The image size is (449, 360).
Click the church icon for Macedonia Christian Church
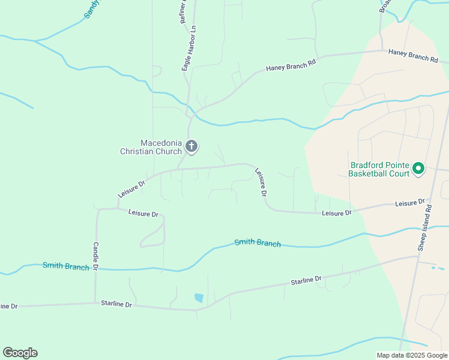pos(191,146)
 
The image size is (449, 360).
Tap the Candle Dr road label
pos(95,256)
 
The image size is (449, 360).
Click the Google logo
pos(20,353)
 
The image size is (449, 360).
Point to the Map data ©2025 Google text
pos(412,355)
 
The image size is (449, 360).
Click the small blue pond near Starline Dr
pos(199,298)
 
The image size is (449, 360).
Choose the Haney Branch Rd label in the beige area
pos(414,55)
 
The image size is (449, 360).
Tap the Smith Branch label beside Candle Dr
pos(66,266)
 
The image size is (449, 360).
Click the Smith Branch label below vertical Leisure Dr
pos(258,242)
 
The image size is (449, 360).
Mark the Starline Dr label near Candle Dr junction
pos(116,304)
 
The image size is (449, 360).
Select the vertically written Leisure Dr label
pos(261,182)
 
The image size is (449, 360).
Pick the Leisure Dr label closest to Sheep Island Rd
pos(410,203)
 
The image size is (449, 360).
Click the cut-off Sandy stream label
pos(91,9)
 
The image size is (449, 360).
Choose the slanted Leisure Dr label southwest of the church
pos(131,188)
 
